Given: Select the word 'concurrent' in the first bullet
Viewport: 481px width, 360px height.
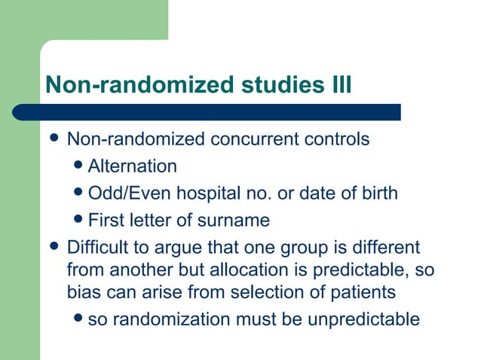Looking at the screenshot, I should click(256, 140).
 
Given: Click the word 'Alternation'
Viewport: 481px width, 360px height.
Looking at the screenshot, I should click(133, 166).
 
